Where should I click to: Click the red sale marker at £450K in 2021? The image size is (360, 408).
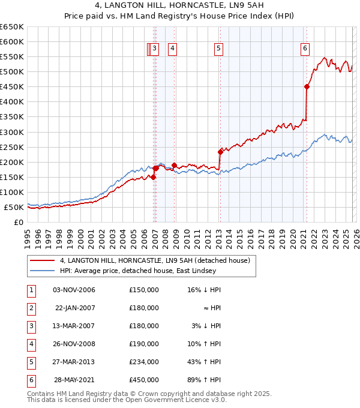pyautogui.click(x=307, y=86)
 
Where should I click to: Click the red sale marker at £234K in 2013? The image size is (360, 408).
pyautogui.click(x=220, y=152)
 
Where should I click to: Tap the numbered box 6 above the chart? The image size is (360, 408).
pyautogui.click(x=305, y=49)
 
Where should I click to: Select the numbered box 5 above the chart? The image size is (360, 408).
pyautogui.click(x=218, y=49)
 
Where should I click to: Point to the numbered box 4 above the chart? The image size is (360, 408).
pyautogui.click(x=172, y=49)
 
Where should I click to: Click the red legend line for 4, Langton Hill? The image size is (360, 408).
pyautogui.click(x=43, y=260)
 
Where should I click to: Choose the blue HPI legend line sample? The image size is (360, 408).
pyautogui.click(x=43, y=271)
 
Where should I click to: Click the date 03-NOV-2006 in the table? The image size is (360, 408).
pyautogui.click(x=74, y=290)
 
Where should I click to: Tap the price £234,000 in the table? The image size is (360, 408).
pyautogui.click(x=143, y=362)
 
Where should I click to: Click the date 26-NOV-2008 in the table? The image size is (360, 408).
pyautogui.click(x=74, y=344)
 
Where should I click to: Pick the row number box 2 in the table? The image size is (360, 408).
pyautogui.click(x=31, y=308)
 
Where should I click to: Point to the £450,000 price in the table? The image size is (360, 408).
pyautogui.click(x=143, y=380)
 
